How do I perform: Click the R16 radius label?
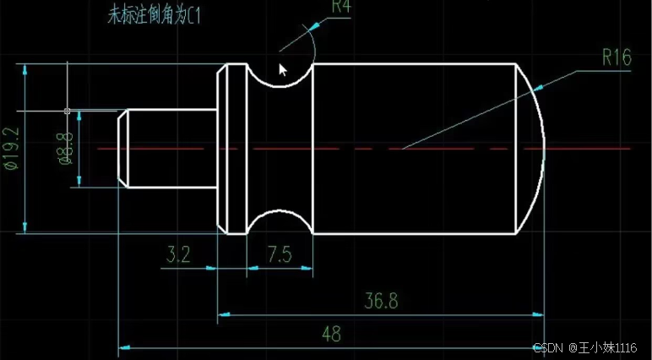617,57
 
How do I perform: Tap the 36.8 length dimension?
381,301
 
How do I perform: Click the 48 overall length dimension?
332,334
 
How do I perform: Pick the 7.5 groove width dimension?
280,254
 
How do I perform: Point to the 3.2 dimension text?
178,254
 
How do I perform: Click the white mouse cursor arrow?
284,68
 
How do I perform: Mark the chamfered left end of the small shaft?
122,148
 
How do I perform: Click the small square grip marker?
67,111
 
